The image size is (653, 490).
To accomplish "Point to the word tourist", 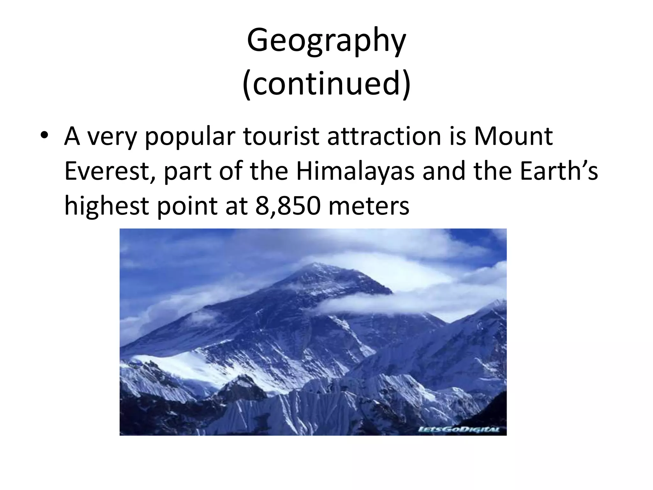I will coord(281,137).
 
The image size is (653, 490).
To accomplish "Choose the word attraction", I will coord(384,137).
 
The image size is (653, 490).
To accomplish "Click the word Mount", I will coord(513,137).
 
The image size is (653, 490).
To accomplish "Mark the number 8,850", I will coord(288,206).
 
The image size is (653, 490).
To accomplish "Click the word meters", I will coord(369,206).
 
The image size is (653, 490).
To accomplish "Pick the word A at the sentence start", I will coord(72,137).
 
